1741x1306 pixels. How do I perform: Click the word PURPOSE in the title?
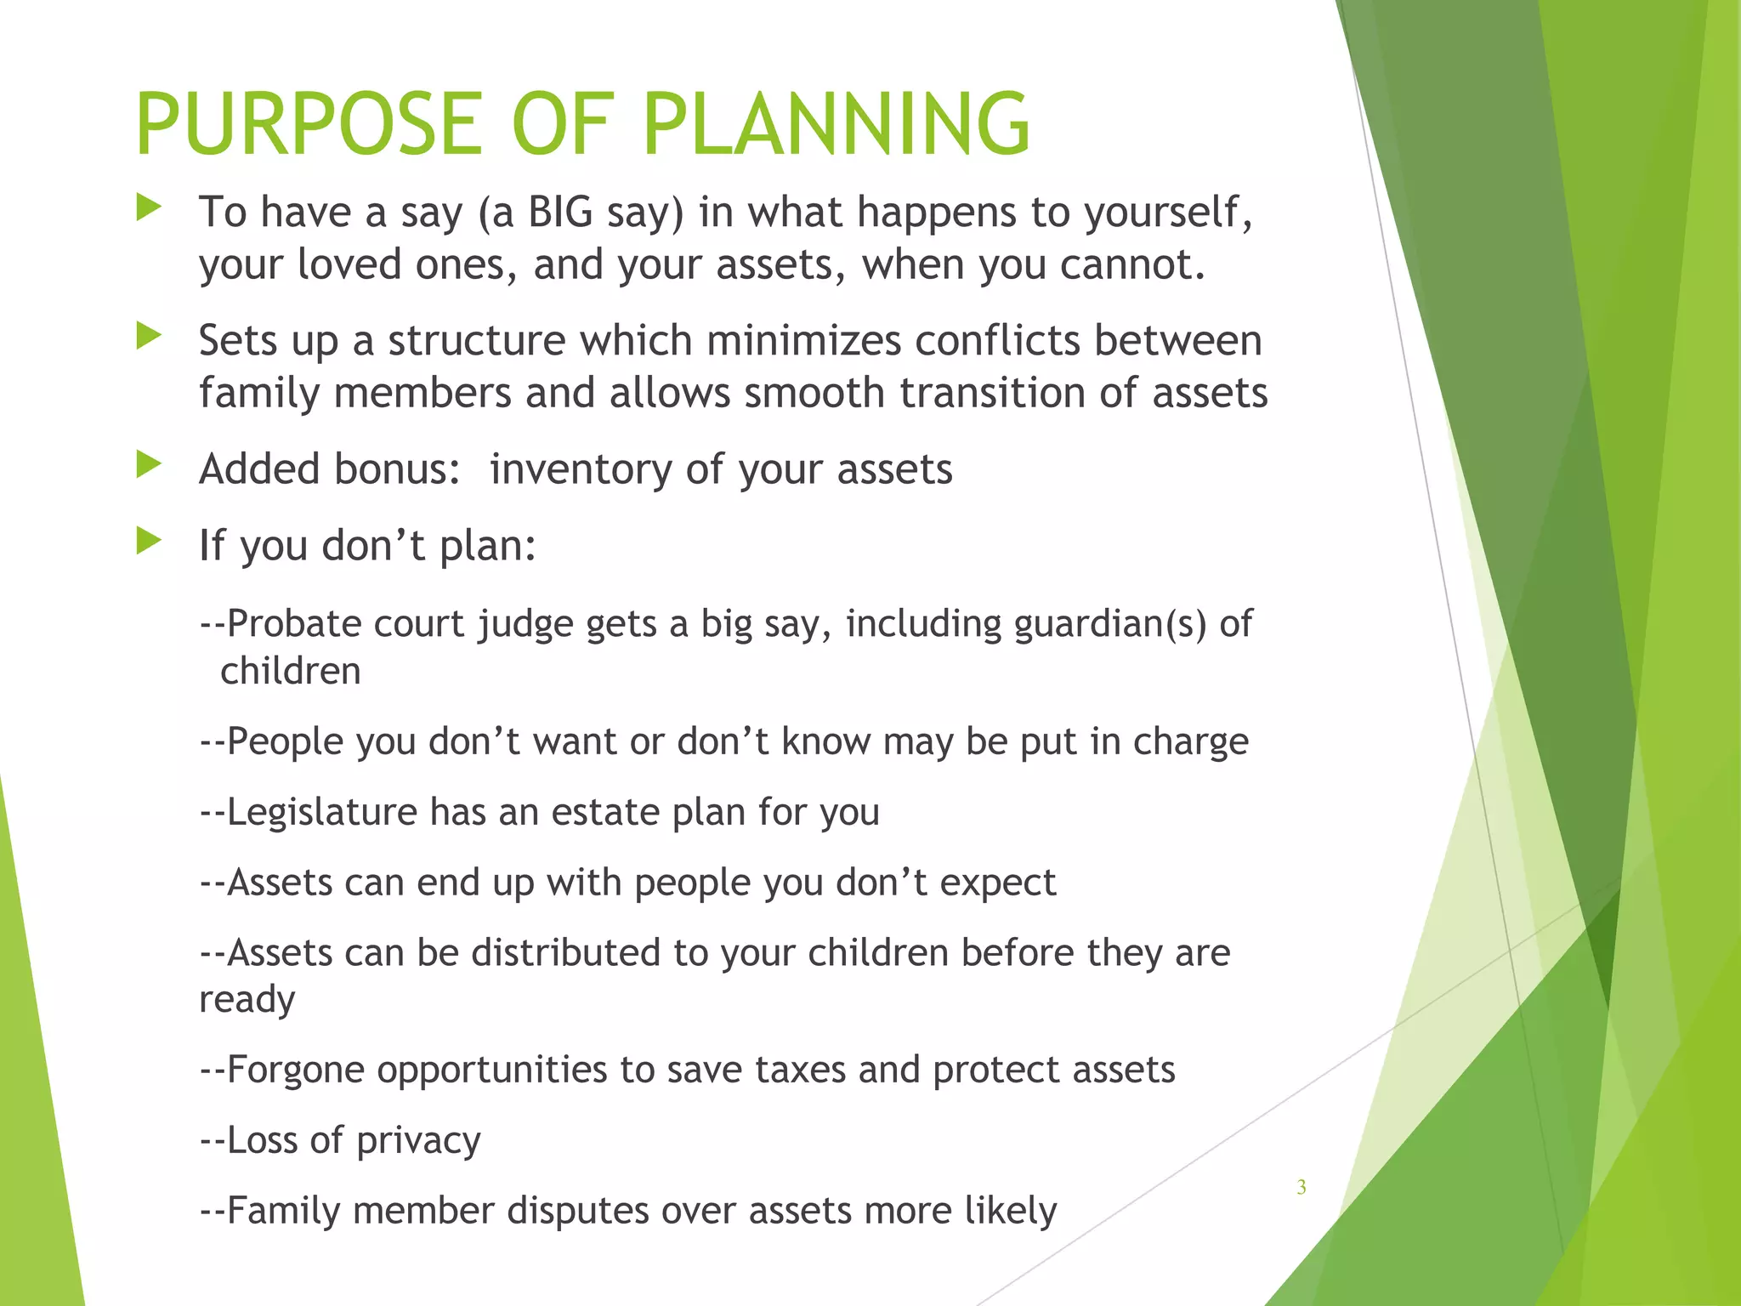(309, 125)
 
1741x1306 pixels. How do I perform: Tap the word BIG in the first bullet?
(560, 212)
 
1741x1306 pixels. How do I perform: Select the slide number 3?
(1301, 1188)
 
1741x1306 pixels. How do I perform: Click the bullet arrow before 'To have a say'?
(149, 207)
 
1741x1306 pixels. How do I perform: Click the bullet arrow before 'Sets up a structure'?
(149, 337)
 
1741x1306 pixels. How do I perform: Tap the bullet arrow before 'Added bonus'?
(149, 464)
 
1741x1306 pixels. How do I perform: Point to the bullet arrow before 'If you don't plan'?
(149, 541)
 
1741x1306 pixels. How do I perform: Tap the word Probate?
(294, 624)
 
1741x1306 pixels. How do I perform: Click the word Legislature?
(322, 812)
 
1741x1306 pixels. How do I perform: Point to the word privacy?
(418, 1141)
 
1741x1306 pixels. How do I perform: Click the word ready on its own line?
(247, 1000)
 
